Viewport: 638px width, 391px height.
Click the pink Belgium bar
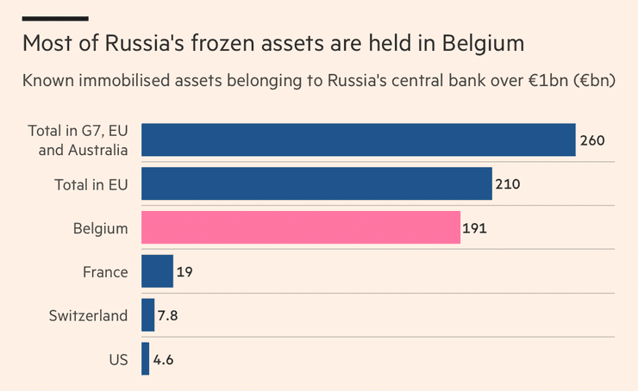pyautogui.click(x=300, y=227)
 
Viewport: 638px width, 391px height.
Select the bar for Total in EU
pyautogui.click(x=316, y=183)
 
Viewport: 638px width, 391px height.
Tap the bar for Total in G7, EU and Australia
pyautogui.click(x=358, y=140)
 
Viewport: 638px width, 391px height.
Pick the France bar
pyautogui.click(x=157, y=271)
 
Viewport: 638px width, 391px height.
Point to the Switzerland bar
pyautogui.click(x=147, y=315)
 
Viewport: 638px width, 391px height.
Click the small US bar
pyautogui.click(x=145, y=359)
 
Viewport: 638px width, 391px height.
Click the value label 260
pyautogui.click(x=592, y=140)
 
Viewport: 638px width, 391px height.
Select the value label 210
pyautogui.click(x=508, y=183)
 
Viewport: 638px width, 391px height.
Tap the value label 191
pyautogui.click(x=476, y=227)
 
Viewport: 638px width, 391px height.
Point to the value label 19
pyautogui.click(x=185, y=271)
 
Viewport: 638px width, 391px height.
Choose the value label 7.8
pyautogui.click(x=168, y=315)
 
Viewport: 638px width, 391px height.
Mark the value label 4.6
pyautogui.click(x=164, y=359)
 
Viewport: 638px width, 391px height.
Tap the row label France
pyautogui.click(x=105, y=271)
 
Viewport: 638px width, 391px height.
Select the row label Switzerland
pyautogui.click(x=88, y=315)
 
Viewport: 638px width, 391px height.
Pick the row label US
pyautogui.click(x=117, y=359)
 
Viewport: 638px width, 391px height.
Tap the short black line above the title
pyautogui.click(x=55, y=18)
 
